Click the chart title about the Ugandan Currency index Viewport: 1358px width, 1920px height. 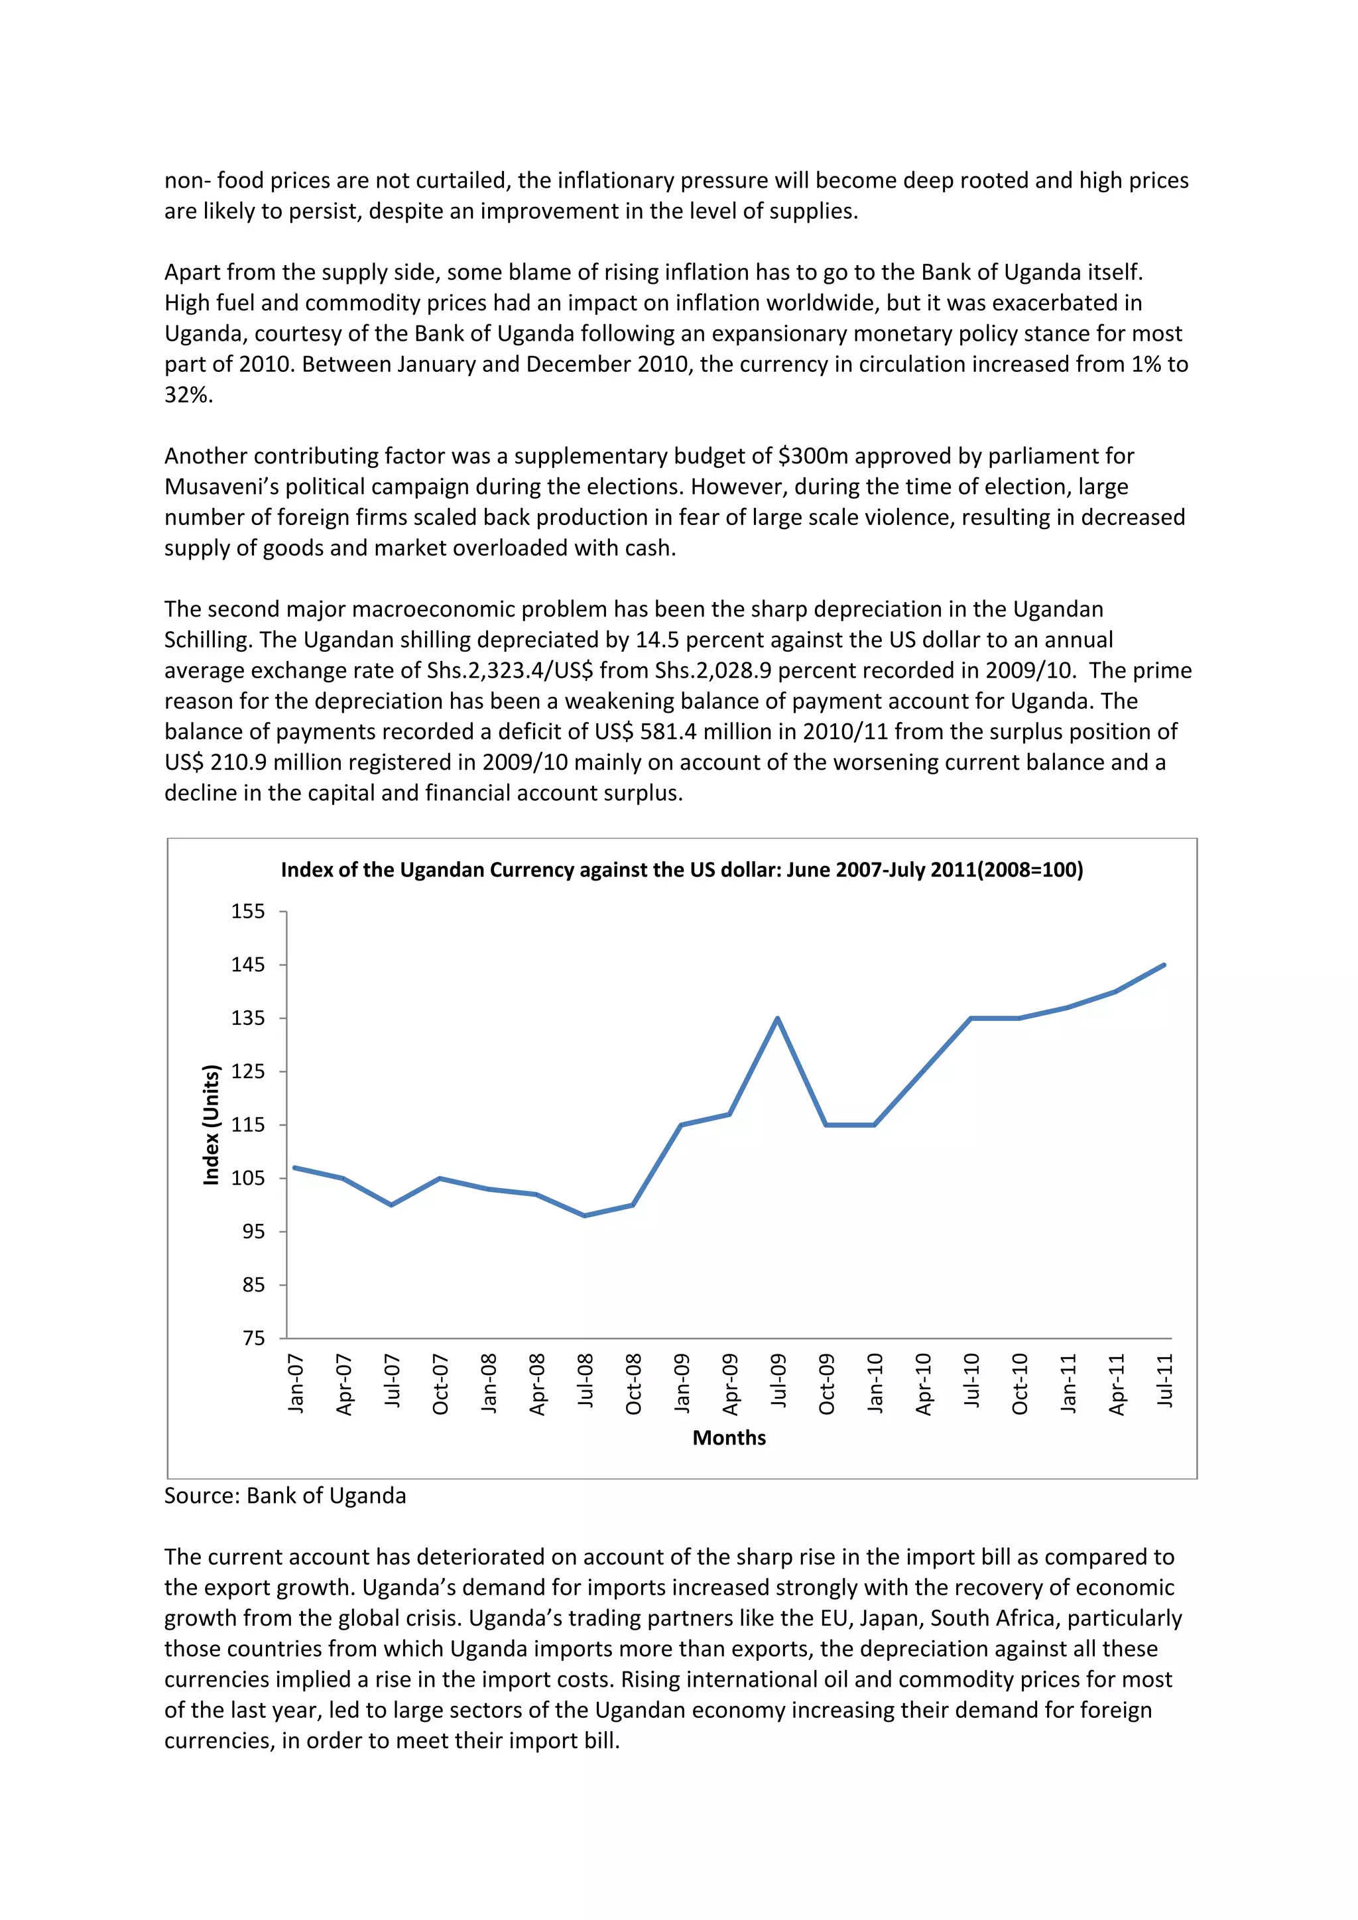click(682, 870)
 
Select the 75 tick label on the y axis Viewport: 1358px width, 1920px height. click(253, 1338)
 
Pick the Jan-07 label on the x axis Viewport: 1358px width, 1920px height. click(296, 1383)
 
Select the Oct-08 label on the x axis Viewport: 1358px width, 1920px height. click(634, 1384)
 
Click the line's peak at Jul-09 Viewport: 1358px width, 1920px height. click(778, 1018)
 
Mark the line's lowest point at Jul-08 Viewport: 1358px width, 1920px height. click(584, 1215)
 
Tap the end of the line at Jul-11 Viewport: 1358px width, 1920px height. click(1164, 965)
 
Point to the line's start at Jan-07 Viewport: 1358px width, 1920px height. click(295, 1168)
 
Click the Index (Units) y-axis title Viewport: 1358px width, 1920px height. click(212, 1124)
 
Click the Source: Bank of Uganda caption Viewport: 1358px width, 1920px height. click(285, 1495)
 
